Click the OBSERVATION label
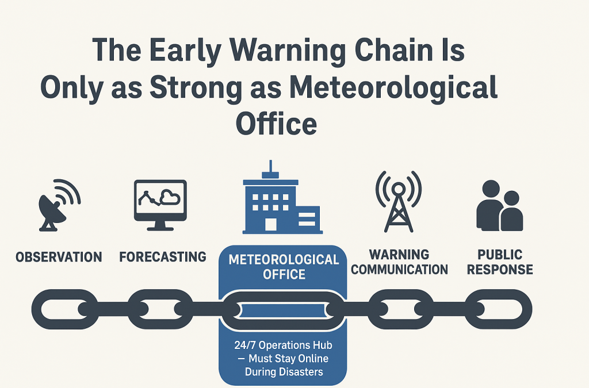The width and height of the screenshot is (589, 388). (x=59, y=257)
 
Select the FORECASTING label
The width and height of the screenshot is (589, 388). (x=162, y=257)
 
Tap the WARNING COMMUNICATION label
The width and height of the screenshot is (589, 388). (x=399, y=262)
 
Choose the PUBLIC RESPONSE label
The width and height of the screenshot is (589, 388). (x=499, y=262)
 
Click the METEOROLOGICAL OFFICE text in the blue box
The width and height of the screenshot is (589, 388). (x=284, y=267)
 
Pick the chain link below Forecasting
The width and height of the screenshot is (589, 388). (x=160, y=309)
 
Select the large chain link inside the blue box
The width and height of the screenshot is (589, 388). (x=283, y=310)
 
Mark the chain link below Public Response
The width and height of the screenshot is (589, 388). (x=498, y=309)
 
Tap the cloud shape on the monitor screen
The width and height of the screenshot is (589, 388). (x=171, y=198)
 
